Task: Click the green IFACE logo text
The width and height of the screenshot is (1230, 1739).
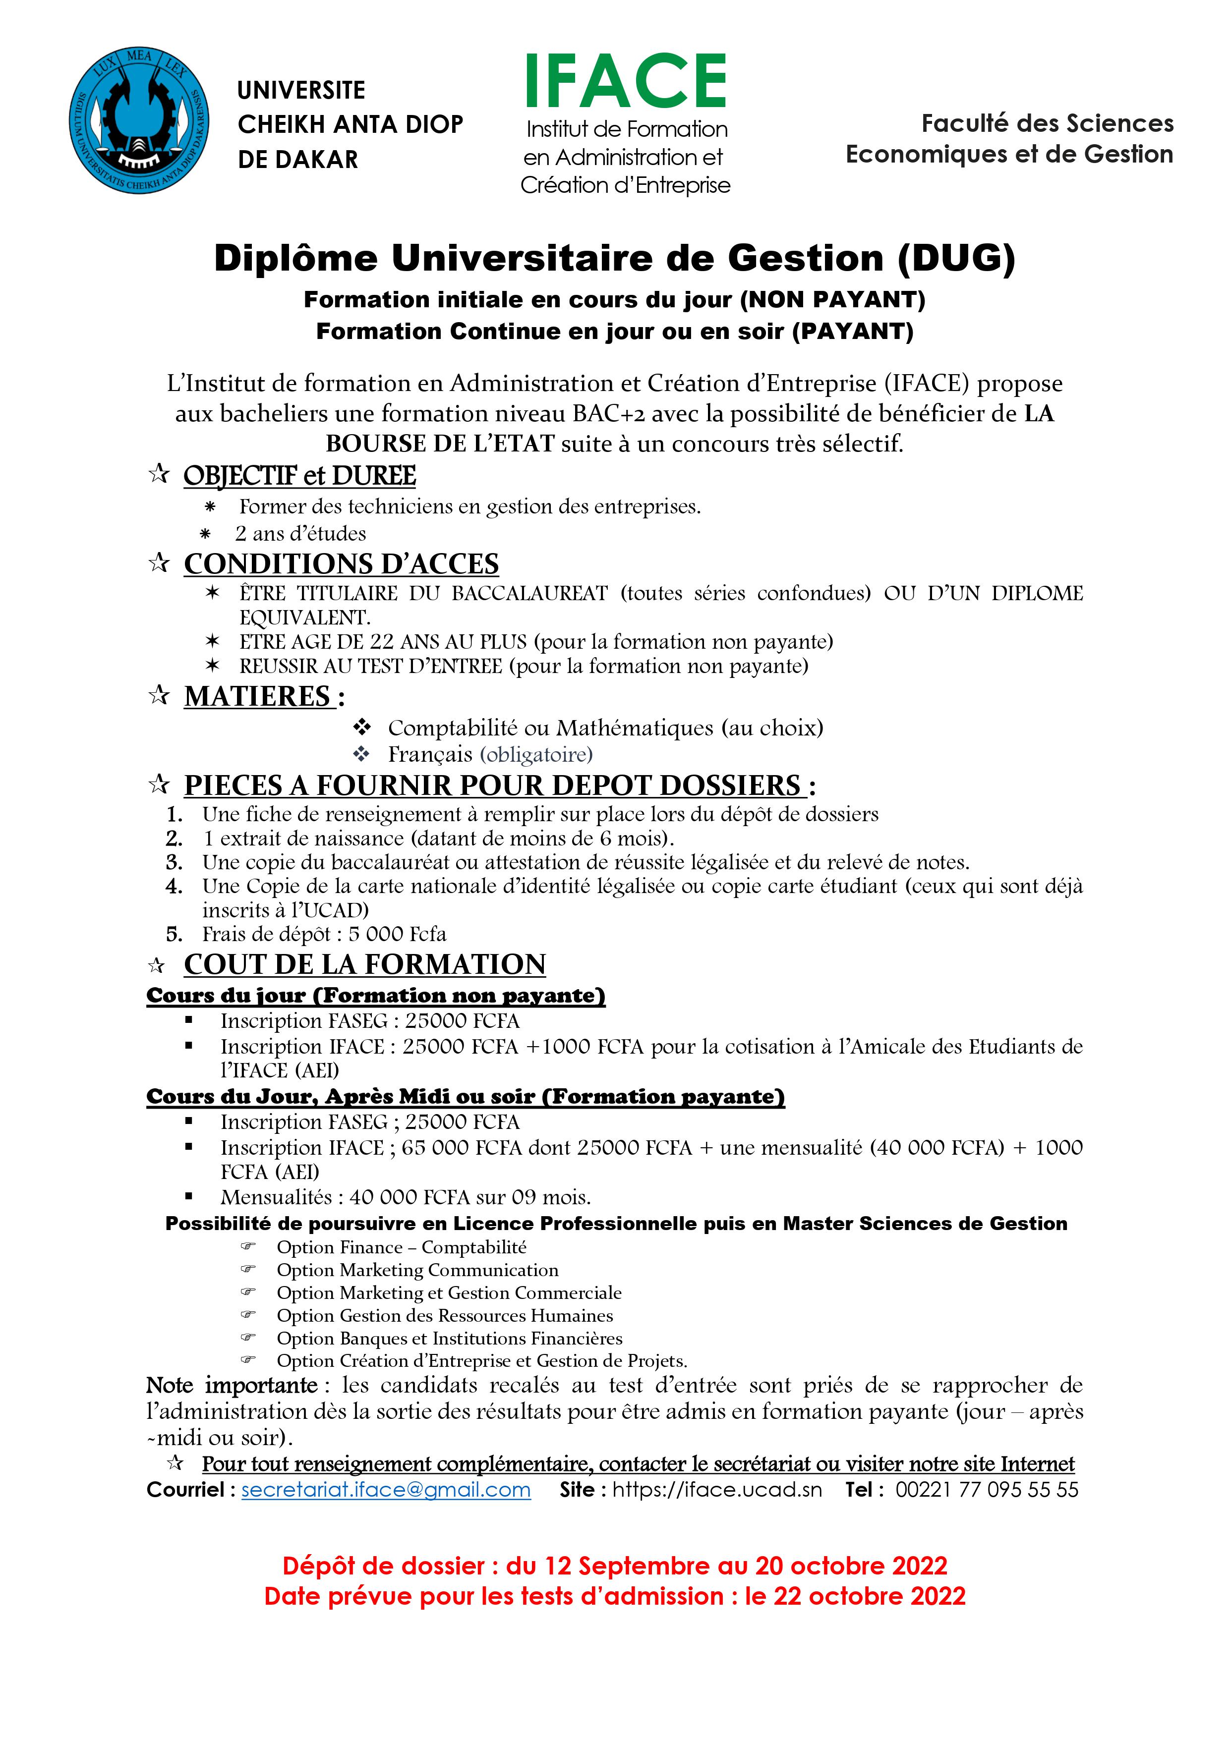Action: (626, 82)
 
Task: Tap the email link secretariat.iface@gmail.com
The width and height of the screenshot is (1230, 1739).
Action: (386, 1489)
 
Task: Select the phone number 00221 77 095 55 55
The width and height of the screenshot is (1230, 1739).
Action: (987, 1489)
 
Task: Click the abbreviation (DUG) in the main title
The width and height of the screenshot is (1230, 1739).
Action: (956, 259)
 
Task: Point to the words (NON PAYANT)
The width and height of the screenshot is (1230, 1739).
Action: (833, 300)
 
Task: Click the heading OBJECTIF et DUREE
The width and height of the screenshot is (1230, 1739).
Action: (299, 476)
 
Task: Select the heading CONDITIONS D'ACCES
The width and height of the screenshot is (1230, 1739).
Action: (341, 564)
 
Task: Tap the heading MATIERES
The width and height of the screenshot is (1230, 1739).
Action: (258, 696)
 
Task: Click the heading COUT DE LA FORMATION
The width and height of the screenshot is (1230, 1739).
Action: (364, 964)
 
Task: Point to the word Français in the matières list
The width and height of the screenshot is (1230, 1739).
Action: (430, 754)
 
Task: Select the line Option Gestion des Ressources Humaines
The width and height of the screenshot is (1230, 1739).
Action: (445, 1316)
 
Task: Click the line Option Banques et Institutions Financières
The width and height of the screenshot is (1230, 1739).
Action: (449, 1339)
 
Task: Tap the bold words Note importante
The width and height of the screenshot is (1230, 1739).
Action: (232, 1385)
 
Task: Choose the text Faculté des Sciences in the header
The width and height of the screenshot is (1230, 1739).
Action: (1048, 123)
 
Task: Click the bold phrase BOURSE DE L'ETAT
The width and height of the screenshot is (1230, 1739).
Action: (440, 444)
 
